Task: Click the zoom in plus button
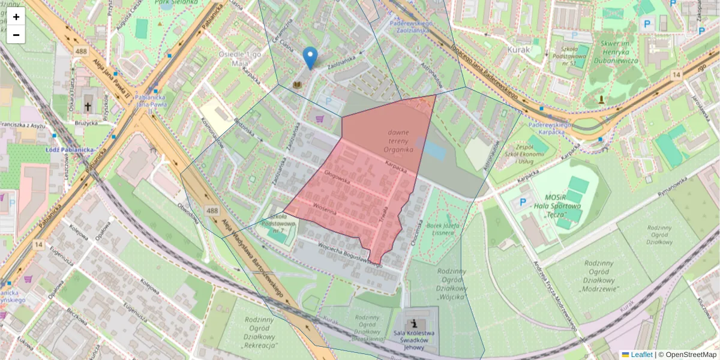pyautogui.click(x=16, y=17)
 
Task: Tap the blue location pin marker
pyautogui.click(x=310, y=58)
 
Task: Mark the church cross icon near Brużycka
pyautogui.click(x=88, y=107)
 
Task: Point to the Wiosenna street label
pyautogui.click(x=324, y=209)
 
